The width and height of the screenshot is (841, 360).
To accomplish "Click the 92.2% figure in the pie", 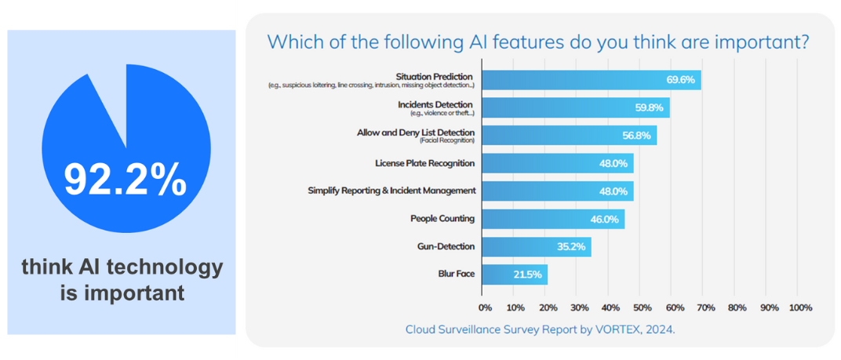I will pyautogui.click(x=125, y=180).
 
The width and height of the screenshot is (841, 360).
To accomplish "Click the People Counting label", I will pyautogui.click(x=442, y=218).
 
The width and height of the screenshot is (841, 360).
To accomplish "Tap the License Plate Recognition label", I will pyautogui.click(x=424, y=163).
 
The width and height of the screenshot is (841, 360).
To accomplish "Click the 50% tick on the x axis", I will pyautogui.click(x=640, y=307).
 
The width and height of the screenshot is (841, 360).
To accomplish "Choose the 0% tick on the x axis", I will pyautogui.click(x=485, y=307).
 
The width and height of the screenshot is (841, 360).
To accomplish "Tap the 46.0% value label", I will pyautogui.click(x=605, y=219).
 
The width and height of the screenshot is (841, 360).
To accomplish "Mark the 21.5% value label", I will pyautogui.click(x=528, y=275).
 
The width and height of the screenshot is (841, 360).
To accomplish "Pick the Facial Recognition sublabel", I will pyautogui.click(x=446, y=140).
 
